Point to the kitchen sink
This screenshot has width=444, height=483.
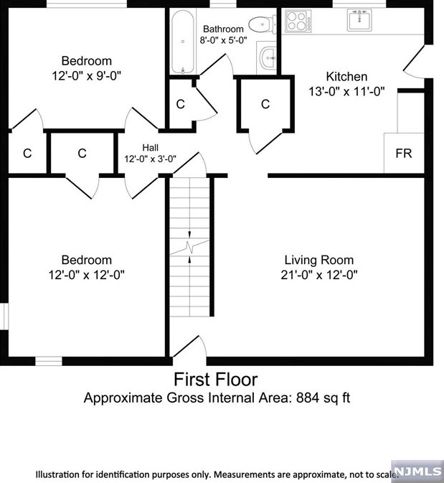pyautogui.click(x=359, y=21)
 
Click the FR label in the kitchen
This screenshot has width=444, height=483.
pyautogui.click(x=403, y=154)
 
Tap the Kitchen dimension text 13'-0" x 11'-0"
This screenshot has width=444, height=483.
pyautogui.click(x=346, y=91)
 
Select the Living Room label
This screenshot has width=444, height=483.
pyautogui.click(x=318, y=260)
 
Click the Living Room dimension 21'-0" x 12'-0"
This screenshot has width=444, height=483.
pyautogui.click(x=318, y=274)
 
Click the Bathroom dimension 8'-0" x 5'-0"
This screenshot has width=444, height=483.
pyautogui.click(x=223, y=40)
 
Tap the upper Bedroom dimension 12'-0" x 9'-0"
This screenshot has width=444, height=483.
pyautogui.click(x=85, y=75)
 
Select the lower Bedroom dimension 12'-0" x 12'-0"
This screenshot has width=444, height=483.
pyautogui.click(x=85, y=274)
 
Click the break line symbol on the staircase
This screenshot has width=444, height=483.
pyautogui.click(x=190, y=249)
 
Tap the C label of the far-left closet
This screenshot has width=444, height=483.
pyautogui.click(x=27, y=153)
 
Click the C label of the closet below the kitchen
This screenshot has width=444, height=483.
pyautogui.click(x=265, y=105)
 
